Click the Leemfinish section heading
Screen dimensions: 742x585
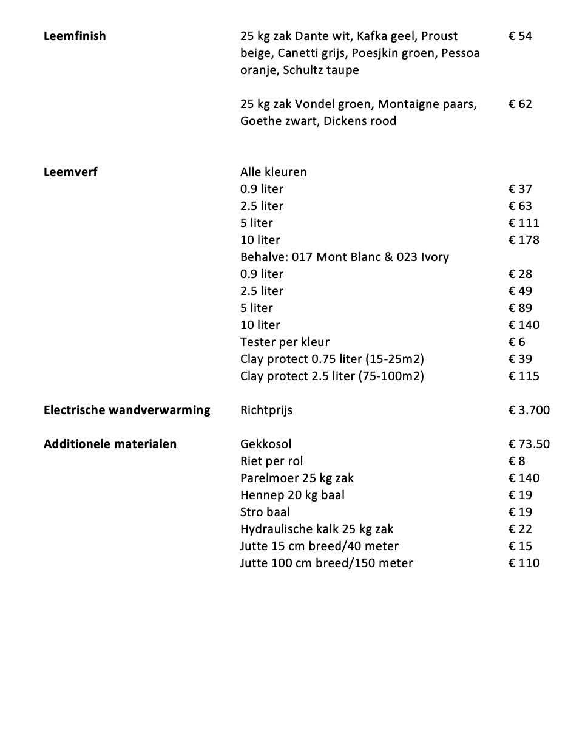[75, 36]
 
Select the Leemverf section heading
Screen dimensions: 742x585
[70, 172]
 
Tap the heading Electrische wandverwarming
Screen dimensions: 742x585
[127, 410]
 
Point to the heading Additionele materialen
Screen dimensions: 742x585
[110, 444]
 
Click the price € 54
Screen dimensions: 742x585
[520, 36]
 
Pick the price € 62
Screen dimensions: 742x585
[520, 104]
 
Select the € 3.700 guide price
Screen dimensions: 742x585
[529, 410]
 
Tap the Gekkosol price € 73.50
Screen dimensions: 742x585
[529, 444]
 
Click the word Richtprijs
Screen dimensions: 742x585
[266, 410]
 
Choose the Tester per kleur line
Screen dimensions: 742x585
[285, 342]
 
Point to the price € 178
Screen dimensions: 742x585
[524, 240]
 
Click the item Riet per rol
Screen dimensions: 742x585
[271, 461]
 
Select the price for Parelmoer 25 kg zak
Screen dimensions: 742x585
[524, 478]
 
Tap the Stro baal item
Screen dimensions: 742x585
[265, 512]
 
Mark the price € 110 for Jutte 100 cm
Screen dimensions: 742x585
[524, 563]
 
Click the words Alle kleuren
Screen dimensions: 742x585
[273, 172]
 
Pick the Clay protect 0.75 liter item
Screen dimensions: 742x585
[332, 359]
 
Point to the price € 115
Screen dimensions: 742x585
[524, 376]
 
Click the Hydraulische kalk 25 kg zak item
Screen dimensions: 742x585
[317, 529]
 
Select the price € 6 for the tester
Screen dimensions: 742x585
[517, 342]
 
